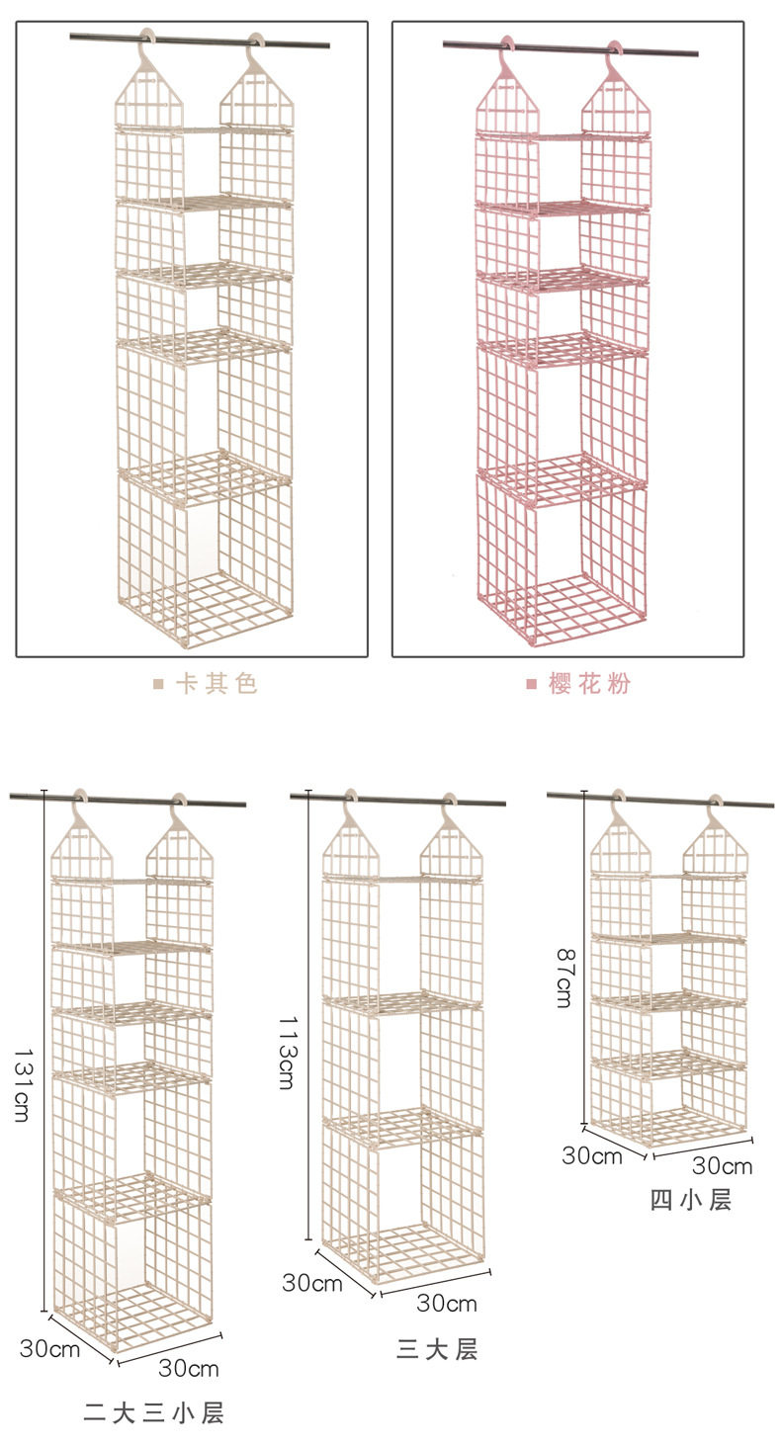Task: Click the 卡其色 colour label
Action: (217, 683)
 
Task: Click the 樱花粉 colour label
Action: (589, 683)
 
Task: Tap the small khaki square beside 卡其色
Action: (158, 684)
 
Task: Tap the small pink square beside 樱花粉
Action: (531, 684)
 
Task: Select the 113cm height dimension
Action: (288, 1053)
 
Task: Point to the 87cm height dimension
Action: (564, 978)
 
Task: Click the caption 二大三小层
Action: (153, 1413)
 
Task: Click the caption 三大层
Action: (437, 1349)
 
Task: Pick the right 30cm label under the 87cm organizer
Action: (723, 1165)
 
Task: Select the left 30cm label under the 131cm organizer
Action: (49, 1348)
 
